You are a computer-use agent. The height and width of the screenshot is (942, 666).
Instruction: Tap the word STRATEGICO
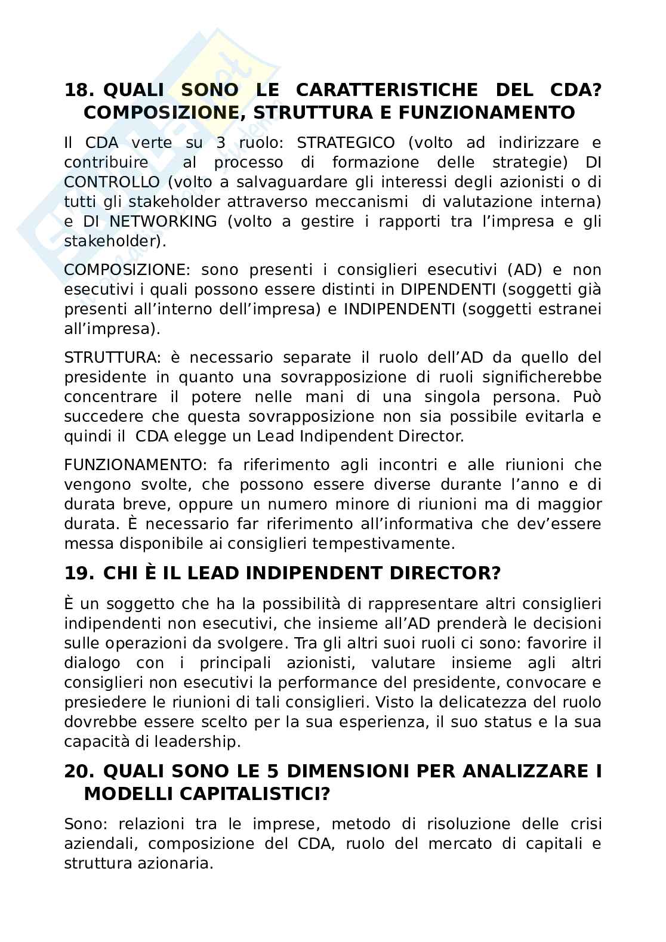(346, 143)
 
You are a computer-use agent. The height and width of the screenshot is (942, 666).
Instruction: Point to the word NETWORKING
(163, 222)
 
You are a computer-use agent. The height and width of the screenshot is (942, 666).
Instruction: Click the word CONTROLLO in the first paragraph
(112, 183)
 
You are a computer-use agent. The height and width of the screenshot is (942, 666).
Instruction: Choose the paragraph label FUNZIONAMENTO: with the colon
(134, 465)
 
